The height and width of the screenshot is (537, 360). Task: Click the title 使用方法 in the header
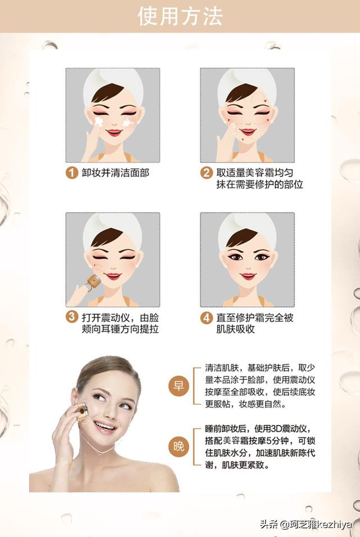[x=180, y=16]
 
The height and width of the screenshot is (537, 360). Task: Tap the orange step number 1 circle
[x=71, y=173]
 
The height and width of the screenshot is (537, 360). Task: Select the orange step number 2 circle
[x=206, y=173]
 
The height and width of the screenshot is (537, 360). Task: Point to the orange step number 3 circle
[x=71, y=316]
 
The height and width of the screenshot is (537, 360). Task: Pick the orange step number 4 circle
[x=206, y=318]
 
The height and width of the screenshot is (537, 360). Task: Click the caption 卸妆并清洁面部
[x=115, y=173]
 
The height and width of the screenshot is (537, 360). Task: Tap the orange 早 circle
[x=179, y=386]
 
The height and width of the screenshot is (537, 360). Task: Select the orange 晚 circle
[x=179, y=446]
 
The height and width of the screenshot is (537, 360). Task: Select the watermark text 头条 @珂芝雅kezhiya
[x=305, y=524]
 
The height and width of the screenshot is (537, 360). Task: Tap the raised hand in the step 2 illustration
[x=226, y=144]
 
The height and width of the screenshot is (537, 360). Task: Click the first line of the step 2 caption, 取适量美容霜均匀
[x=255, y=173]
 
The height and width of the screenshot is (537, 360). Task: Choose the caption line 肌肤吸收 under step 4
[x=236, y=329]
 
